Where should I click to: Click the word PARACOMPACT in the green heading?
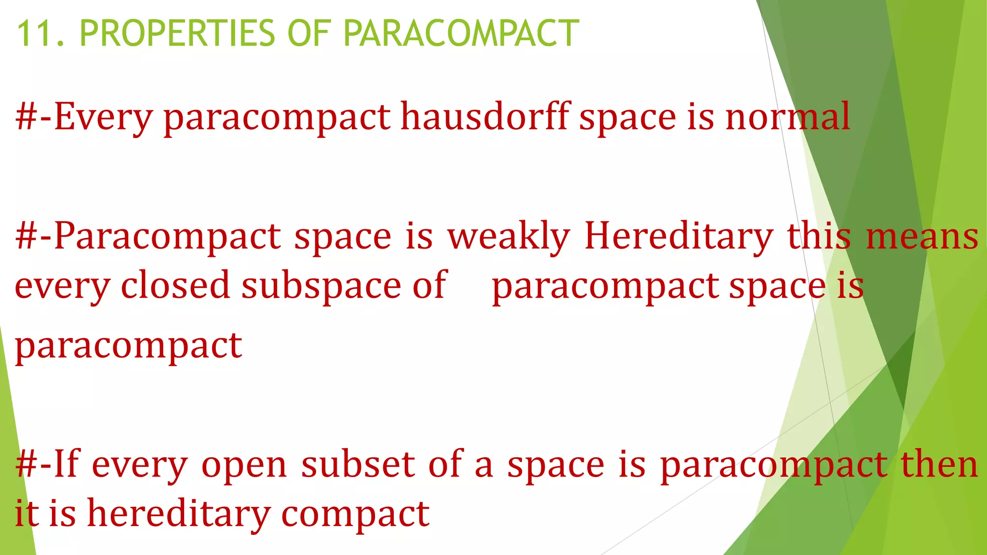click(x=461, y=33)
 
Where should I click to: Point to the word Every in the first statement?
click(x=103, y=117)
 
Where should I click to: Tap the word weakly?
click(x=508, y=237)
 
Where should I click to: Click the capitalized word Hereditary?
click(x=679, y=237)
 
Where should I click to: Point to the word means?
click(x=922, y=236)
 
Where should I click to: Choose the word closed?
click(x=175, y=285)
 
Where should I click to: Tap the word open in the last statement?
click(x=244, y=465)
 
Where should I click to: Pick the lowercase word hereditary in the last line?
click(x=178, y=514)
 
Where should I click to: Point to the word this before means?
click(x=819, y=236)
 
